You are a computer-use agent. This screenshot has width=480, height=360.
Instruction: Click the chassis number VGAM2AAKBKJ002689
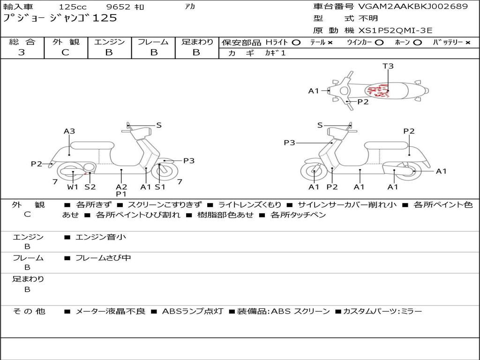coord(413,7)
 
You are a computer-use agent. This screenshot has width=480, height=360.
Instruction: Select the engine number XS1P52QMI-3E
coord(395,30)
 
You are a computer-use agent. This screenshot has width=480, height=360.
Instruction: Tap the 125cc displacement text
coord(73,7)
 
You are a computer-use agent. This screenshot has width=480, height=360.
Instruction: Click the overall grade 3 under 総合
coord(22,52)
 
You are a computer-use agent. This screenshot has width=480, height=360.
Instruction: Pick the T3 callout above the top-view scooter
coord(388,66)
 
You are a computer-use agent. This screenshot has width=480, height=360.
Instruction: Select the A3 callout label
coord(69,131)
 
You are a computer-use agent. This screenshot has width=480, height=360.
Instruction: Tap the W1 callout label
coord(73,187)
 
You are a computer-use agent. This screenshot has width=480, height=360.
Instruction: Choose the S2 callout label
coord(90,187)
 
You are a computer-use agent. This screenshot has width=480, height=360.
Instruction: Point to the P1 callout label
coord(121,194)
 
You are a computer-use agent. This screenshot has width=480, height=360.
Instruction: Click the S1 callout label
coord(160,187)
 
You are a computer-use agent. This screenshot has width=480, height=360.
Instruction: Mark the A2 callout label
coord(121,187)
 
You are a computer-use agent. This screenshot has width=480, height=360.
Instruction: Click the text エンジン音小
coord(101,237)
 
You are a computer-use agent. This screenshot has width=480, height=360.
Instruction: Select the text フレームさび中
coord(103,258)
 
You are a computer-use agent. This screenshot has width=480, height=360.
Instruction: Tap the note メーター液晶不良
coord(110,311)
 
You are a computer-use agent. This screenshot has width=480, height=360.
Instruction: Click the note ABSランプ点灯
coord(193,311)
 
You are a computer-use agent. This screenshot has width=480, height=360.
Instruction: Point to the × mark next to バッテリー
coord(468,43)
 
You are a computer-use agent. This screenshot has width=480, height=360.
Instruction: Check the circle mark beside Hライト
coord(296,43)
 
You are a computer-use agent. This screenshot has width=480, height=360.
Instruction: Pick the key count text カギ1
coord(275,53)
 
